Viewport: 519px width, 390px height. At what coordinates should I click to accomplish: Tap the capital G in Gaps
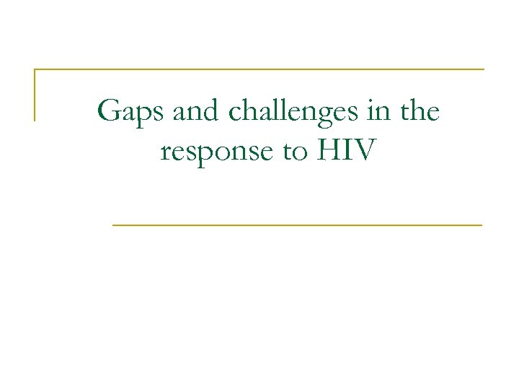click(x=108, y=112)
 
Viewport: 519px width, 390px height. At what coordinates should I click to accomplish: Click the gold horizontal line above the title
click(x=259, y=69)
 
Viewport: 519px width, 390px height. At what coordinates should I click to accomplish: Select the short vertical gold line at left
click(x=35, y=95)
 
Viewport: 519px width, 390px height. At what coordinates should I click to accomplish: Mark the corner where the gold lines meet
click(x=35, y=70)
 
